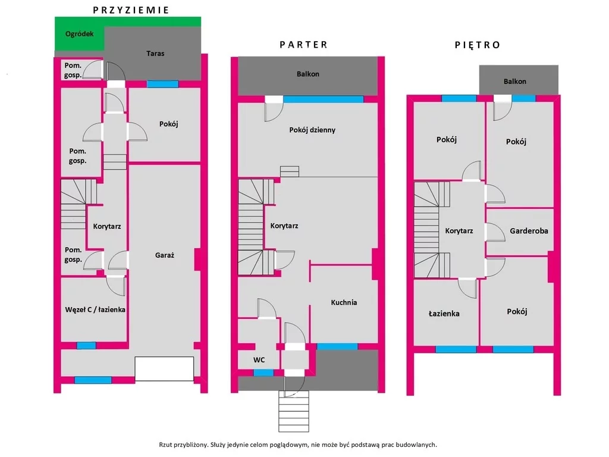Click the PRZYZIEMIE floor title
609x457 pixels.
click(x=131, y=10)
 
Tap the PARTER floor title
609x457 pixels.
click(x=304, y=45)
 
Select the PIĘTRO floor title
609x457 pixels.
click(x=478, y=45)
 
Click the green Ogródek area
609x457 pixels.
click(x=80, y=34)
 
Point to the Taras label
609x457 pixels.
click(x=155, y=54)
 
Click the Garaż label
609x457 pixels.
click(x=165, y=255)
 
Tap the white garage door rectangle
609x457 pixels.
click(x=164, y=369)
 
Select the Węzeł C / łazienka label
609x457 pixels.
click(x=95, y=309)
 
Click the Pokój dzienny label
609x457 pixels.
click(x=312, y=130)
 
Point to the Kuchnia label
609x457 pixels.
click(x=344, y=302)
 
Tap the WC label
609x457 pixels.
click(x=259, y=360)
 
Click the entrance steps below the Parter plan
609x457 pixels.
click(x=294, y=411)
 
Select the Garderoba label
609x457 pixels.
click(x=529, y=231)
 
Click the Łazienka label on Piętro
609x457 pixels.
click(x=444, y=314)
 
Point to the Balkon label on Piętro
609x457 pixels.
click(x=515, y=82)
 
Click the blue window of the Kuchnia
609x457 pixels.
click(x=337, y=347)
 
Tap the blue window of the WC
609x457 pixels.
click(x=263, y=373)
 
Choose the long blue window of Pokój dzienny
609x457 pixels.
click(x=323, y=99)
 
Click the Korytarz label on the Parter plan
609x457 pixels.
click(x=284, y=226)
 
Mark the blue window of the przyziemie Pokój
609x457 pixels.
click(x=163, y=84)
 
